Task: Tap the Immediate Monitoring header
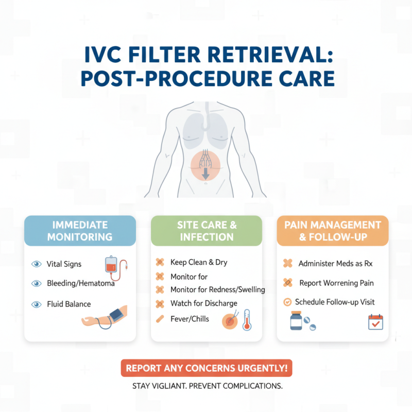coord(80,231)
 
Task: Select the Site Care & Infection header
coord(206,231)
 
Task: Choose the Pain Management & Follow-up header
coord(332,231)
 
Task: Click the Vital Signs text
coord(64,264)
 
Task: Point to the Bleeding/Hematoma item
coord(80,283)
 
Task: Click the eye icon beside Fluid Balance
coord(37,304)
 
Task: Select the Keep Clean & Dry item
coord(198,262)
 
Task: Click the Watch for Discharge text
coord(203,304)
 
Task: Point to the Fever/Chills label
coord(190,319)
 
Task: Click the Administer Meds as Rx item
coord(335,264)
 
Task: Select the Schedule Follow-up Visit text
coord(335,302)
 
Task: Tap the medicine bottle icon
coord(296,321)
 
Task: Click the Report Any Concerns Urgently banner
coord(206,369)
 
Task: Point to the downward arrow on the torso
coord(205,173)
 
